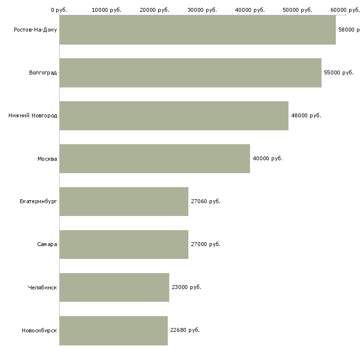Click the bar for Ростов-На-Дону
click(x=197, y=30)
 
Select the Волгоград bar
click(x=190, y=72)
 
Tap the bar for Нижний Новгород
click(x=174, y=115)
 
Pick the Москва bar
click(x=154, y=158)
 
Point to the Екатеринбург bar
click(x=124, y=201)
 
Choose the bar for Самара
click(x=124, y=244)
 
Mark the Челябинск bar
click(x=114, y=287)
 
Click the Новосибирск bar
click(x=113, y=330)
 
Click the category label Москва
click(x=47, y=159)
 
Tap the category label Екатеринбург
click(x=38, y=202)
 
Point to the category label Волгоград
click(x=43, y=73)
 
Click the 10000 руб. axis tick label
click(x=107, y=10)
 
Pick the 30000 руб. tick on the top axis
click(x=202, y=10)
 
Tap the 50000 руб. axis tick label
click(x=297, y=10)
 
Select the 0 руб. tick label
click(x=59, y=10)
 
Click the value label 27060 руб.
click(x=206, y=201)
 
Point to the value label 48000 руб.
click(x=306, y=115)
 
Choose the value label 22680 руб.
click(x=185, y=330)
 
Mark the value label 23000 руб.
click(x=186, y=287)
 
